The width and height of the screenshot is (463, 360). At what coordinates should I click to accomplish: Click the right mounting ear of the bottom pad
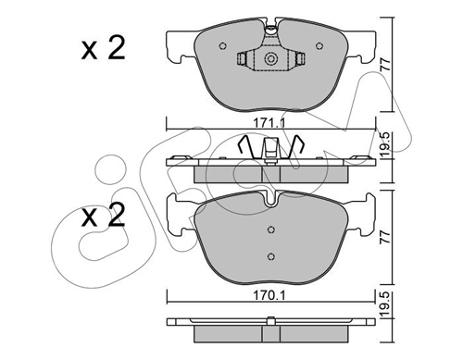pos(365,215)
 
